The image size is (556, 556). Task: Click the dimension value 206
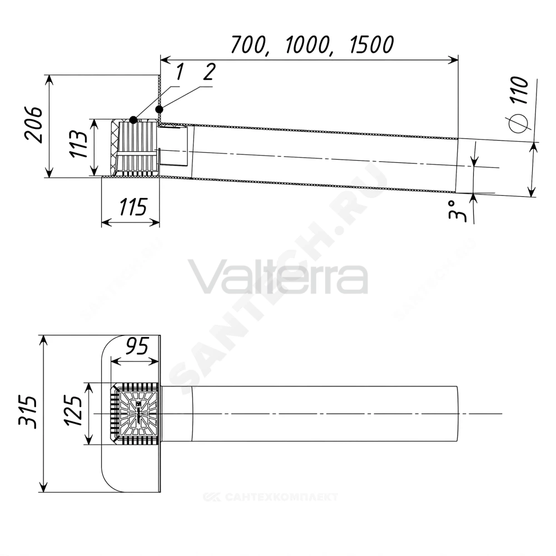pyautogui.click(x=33, y=124)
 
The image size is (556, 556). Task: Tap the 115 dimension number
pyautogui.click(x=133, y=207)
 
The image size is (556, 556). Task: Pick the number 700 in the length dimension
pyautogui.click(x=249, y=45)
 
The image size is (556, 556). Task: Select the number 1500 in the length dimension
pyautogui.click(x=371, y=44)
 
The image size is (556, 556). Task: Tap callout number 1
pyautogui.click(x=180, y=72)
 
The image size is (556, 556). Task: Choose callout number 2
pyautogui.click(x=209, y=72)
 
